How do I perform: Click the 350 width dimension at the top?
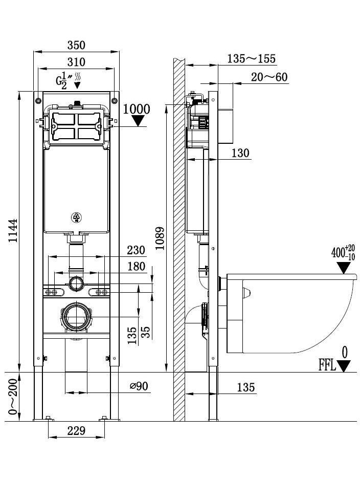[x=76, y=45]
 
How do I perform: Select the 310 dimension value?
[x=76, y=62]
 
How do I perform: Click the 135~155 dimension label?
[x=251, y=58]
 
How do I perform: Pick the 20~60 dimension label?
[x=269, y=77]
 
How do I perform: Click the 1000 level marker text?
[x=137, y=108]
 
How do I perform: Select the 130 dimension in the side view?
[x=240, y=152]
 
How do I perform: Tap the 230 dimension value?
[x=135, y=250]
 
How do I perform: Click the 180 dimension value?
[x=135, y=267]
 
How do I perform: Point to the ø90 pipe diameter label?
[x=139, y=386]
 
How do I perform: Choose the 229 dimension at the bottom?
[x=76, y=430]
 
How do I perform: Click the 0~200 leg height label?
[x=13, y=397]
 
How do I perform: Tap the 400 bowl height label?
[x=339, y=253]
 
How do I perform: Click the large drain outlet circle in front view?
[x=77, y=317]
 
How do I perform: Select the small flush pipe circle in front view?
[x=76, y=283]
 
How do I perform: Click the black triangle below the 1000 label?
[x=138, y=121]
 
